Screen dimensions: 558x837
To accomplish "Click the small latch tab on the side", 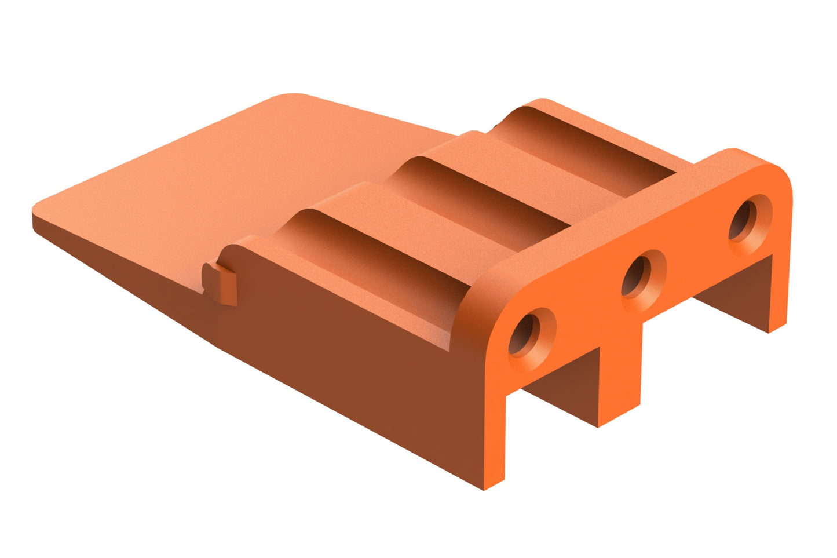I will (x=221, y=284).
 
